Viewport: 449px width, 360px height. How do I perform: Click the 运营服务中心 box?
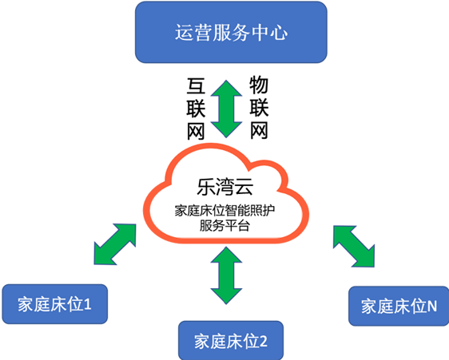click(231, 32)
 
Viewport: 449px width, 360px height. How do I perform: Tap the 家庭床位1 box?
click(54, 304)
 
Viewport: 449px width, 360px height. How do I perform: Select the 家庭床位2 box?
click(231, 340)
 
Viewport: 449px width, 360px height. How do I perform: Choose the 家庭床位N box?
click(399, 306)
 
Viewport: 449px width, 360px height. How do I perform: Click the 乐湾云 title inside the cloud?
click(225, 187)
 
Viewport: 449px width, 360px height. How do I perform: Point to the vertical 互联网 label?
click(196, 109)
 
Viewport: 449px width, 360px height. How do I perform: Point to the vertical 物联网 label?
click(259, 108)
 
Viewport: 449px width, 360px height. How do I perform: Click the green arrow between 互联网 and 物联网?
click(226, 109)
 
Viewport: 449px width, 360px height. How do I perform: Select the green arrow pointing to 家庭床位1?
click(115, 244)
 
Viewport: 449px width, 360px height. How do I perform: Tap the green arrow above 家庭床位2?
click(226, 275)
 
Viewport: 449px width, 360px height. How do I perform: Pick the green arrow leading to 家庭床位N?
click(354, 247)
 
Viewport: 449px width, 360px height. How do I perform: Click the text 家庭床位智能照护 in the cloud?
click(224, 211)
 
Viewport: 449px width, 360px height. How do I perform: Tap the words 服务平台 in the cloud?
click(224, 226)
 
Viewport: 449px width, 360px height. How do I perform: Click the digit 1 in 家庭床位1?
click(88, 304)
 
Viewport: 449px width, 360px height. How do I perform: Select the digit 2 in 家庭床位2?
click(264, 341)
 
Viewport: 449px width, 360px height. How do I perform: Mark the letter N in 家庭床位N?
click(432, 307)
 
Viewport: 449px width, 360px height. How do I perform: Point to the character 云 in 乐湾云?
click(244, 187)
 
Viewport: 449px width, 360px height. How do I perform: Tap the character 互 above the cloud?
click(196, 86)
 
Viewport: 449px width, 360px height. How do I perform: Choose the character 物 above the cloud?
click(259, 85)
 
